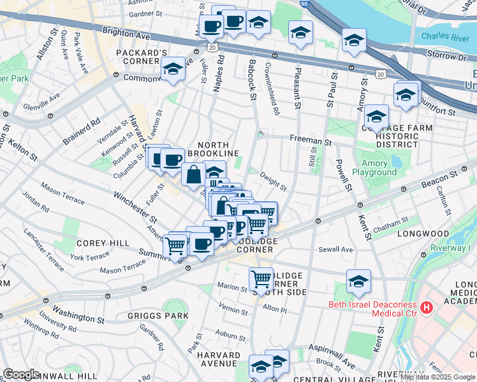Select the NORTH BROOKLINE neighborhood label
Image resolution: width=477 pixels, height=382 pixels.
tap(213, 149)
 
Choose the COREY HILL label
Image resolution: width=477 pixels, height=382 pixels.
tap(103, 243)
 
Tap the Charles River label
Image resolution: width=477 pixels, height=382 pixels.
tap(447, 38)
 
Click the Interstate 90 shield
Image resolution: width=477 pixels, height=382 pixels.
tap(304, 4)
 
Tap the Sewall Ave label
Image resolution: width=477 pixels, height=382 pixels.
tap(336, 250)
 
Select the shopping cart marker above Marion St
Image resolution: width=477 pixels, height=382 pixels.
tap(261, 278)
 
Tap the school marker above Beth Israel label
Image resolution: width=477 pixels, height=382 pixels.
tap(358, 281)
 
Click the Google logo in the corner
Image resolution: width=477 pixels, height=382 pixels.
tap(21, 374)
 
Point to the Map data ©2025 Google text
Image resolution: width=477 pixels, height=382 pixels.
tap(437, 377)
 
